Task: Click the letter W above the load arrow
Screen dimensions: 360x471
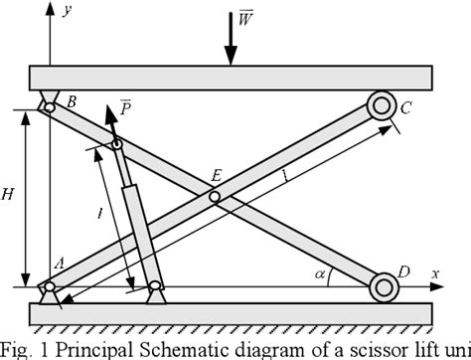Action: (244, 21)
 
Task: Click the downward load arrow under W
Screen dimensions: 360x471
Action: (231, 40)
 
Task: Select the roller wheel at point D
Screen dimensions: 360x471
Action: (383, 288)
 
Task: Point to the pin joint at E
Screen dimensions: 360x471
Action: (215, 197)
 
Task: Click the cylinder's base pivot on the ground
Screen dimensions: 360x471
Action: (155, 291)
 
